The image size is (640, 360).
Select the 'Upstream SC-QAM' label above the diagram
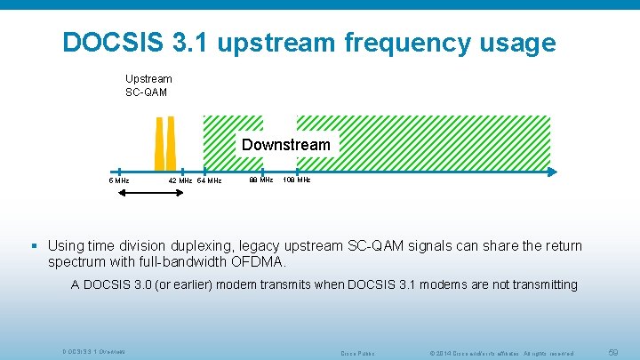click(148, 85)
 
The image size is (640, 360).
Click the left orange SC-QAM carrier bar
click(160, 146)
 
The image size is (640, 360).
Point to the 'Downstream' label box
click(285, 144)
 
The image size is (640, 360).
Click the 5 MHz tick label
click(119, 180)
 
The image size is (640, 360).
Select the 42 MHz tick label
click(180, 180)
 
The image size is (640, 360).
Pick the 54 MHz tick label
click(209, 180)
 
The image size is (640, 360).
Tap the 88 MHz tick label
click(260, 180)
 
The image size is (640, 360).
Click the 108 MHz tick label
click(297, 180)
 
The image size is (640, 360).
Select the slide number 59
click(612, 353)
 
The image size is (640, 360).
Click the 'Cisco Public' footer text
click(358, 353)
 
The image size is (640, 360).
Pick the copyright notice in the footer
click(501, 353)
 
